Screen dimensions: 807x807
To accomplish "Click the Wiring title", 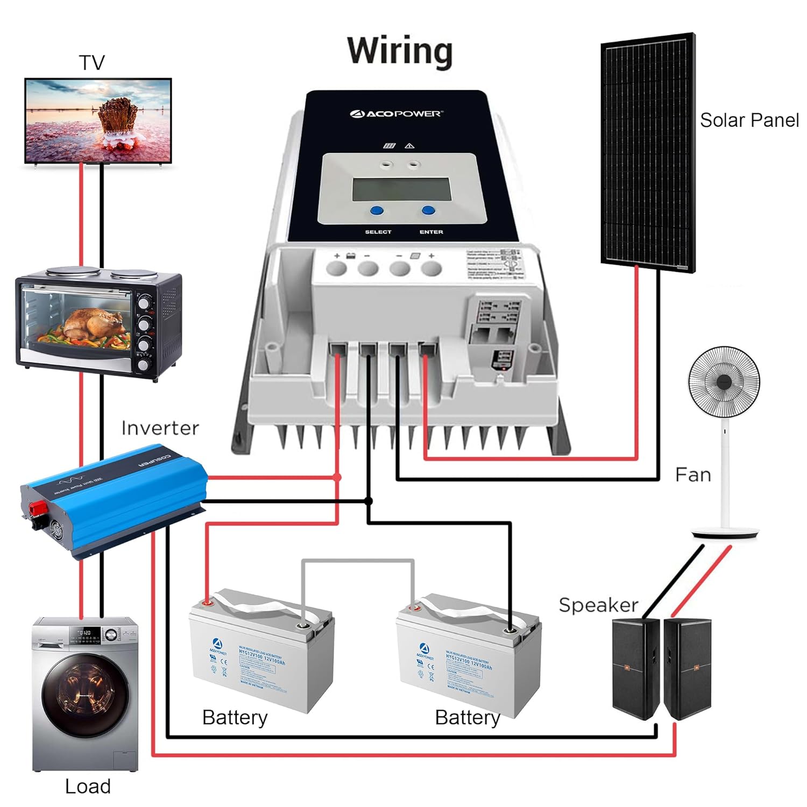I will pyautogui.click(x=400, y=51).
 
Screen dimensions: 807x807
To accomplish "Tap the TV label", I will pyautogui.click(x=92, y=63).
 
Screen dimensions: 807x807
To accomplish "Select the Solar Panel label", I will pyautogui.click(x=749, y=120).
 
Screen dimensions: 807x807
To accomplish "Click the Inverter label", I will pyautogui.click(x=160, y=428).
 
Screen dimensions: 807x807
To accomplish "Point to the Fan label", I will pyautogui.click(x=693, y=475).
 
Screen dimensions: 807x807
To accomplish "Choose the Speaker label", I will pyautogui.click(x=598, y=605).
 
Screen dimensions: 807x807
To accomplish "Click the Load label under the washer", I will pyautogui.click(x=88, y=787).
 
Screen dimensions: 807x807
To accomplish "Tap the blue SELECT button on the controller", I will pyautogui.click(x=377, y=211).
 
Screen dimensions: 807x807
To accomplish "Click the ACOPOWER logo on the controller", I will pyautogui.click(x=397, y=114).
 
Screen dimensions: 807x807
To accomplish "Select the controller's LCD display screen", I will pyautogui.click(x=401, y=189).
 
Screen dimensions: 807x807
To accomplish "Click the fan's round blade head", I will pyautogui.click(x=724, y=382).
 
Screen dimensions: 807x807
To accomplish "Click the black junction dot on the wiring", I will pyautogui.click(x=369, y=501).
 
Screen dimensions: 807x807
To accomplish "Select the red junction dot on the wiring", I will pyautogui.click(x=337, y=477).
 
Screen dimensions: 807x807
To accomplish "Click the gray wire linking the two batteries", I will pyautogui.click(x=358, y=561).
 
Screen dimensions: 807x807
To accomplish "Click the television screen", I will pyautogui.click(x=98, y=120).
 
